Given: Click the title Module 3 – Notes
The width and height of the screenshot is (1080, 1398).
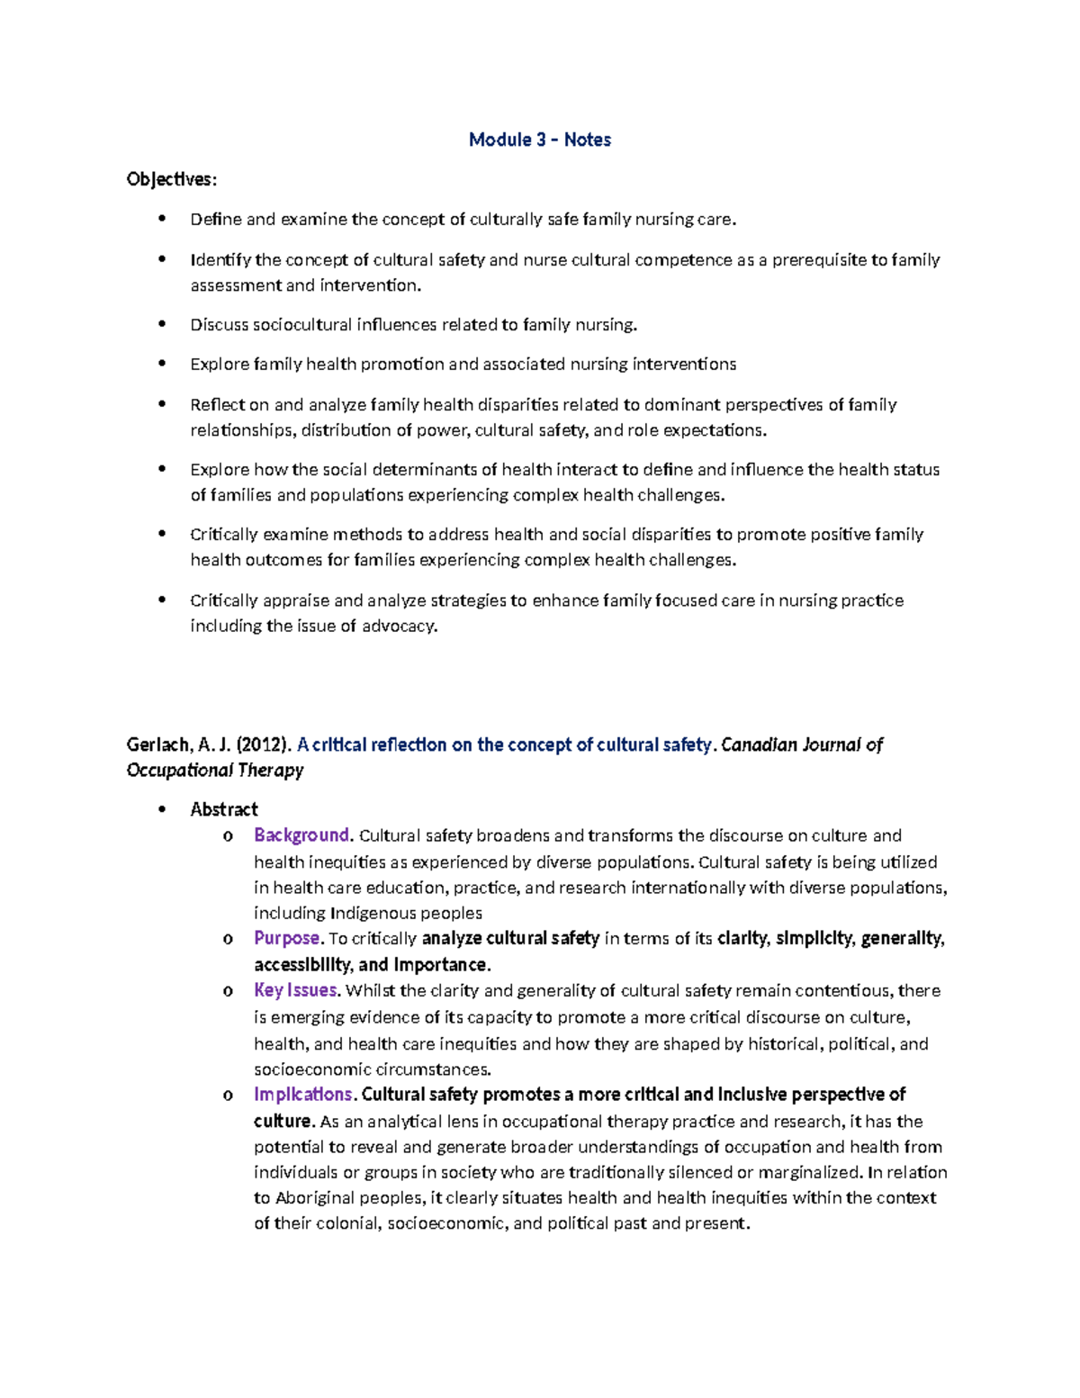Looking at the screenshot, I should (539, 140).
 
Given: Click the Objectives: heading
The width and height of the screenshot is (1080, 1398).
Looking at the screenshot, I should (171, 179).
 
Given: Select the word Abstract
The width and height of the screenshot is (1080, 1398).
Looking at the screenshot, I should (223, 809).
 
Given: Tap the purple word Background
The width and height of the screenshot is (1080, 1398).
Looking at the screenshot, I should (301, 835).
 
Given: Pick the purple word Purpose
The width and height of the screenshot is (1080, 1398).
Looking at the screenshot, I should (287, 938).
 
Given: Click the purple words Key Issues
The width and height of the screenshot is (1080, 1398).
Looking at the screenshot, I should (296, 990).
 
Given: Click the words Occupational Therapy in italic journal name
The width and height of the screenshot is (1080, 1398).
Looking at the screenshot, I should (214, 771).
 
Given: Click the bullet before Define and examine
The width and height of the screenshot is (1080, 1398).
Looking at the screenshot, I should (162, 219).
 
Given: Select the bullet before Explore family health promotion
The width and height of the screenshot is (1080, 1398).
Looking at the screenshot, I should (162, 364).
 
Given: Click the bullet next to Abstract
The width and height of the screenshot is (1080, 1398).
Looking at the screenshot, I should (162, 809).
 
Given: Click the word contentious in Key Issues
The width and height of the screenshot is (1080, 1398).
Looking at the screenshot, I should (842, 991).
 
